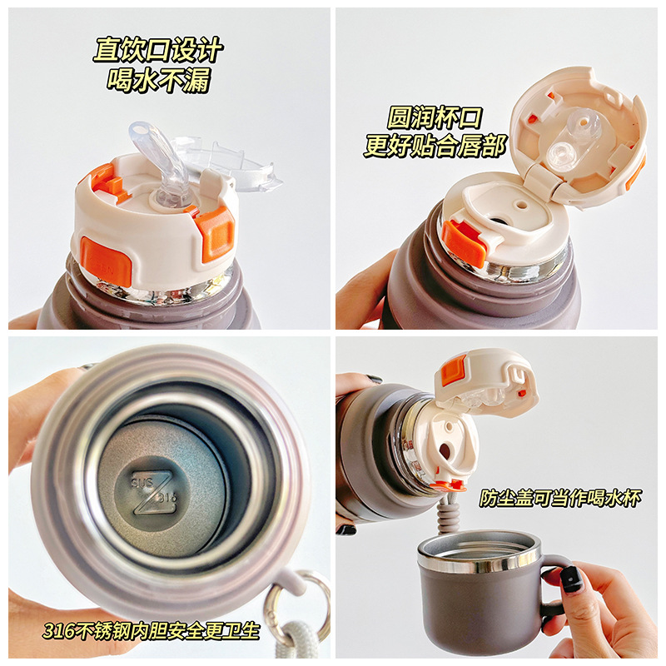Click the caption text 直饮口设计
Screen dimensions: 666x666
(x=157, y=50)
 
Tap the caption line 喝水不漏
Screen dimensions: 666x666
(x=157, y=80)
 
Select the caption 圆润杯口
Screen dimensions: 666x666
(x=435, y=117)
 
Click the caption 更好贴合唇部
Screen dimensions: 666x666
(x=435, y=147)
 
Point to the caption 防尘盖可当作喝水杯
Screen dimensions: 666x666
(x=561, y=498)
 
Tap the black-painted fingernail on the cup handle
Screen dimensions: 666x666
(x=571, y=579)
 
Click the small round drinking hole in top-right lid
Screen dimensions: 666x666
(x=521, y=202)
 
